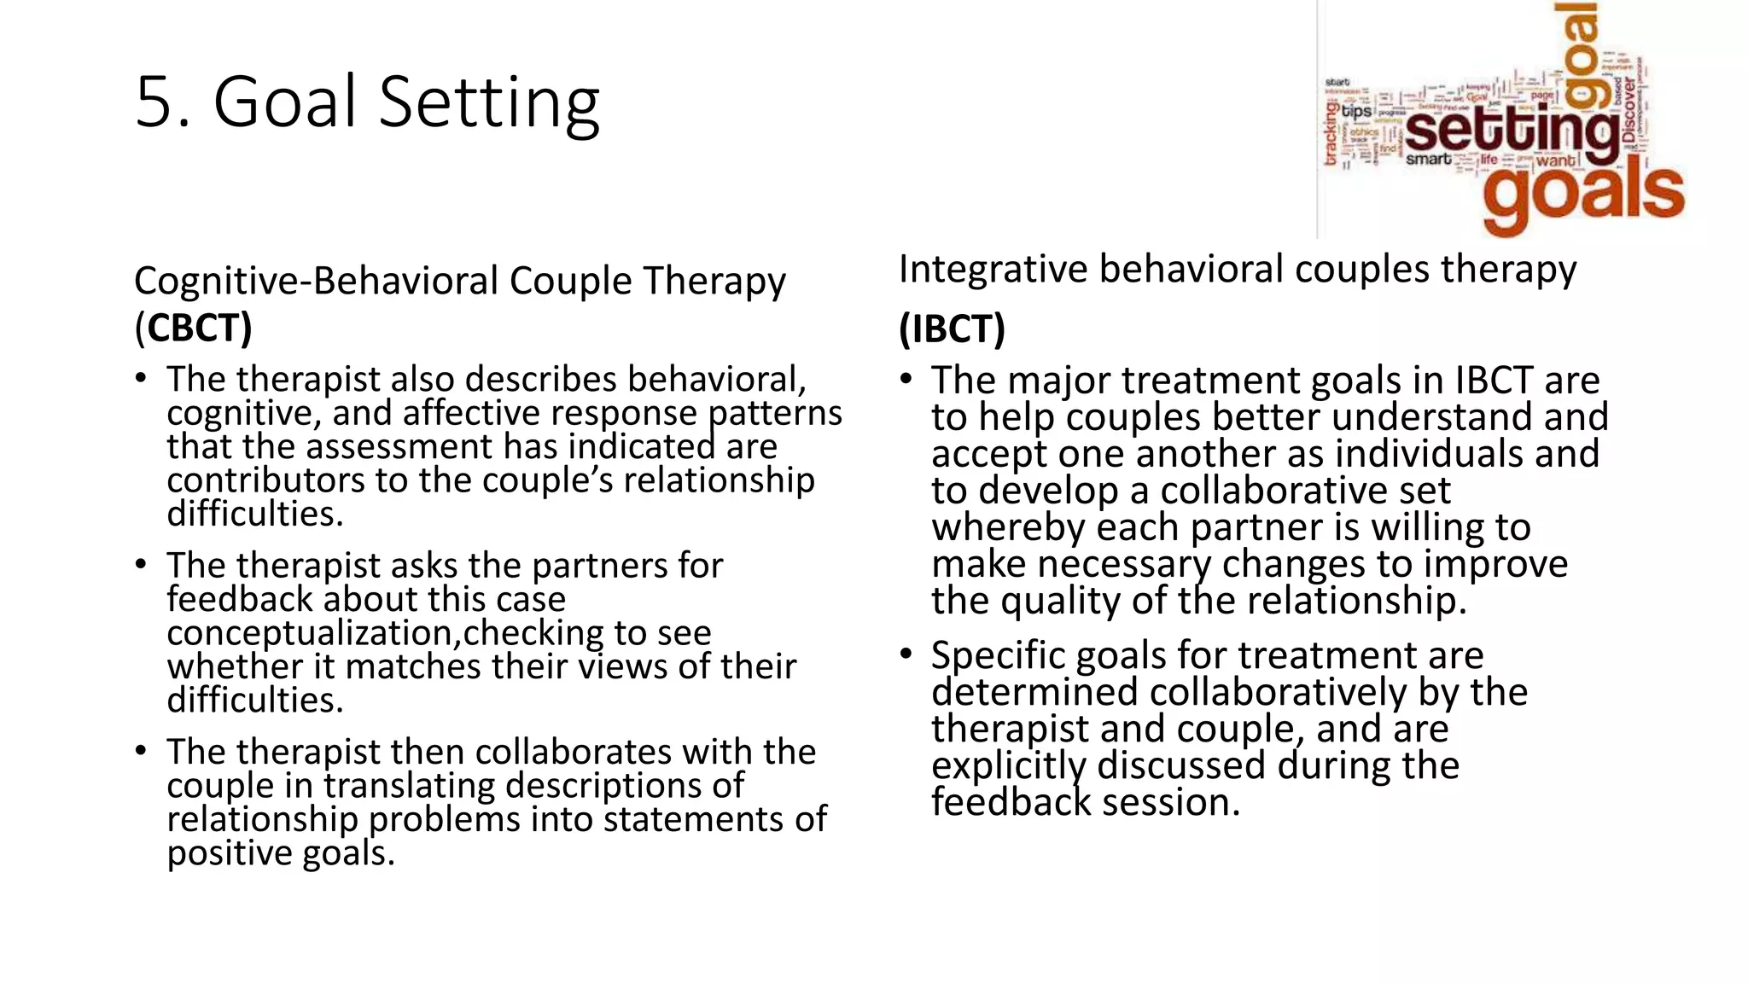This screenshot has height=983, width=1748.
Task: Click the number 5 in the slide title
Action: [x=156, y=102]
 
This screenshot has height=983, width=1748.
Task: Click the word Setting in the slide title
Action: [x=489, y=102]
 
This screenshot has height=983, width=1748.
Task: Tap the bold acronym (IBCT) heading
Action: [x=952, y=329]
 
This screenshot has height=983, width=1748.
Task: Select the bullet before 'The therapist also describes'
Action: [x=141, y=378]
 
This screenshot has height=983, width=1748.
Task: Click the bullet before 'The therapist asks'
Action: [x=141, y=565]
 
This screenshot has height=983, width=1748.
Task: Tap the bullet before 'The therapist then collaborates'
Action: [x=141, y=751]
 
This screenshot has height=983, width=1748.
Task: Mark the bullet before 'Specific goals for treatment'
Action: [x=906, y=654]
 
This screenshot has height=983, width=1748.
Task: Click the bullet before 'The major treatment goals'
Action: [x=906, y=379]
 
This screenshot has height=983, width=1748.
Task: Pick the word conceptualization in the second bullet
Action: [x=311, y=633]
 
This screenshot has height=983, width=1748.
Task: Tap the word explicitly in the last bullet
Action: [x=1008, y=765]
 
